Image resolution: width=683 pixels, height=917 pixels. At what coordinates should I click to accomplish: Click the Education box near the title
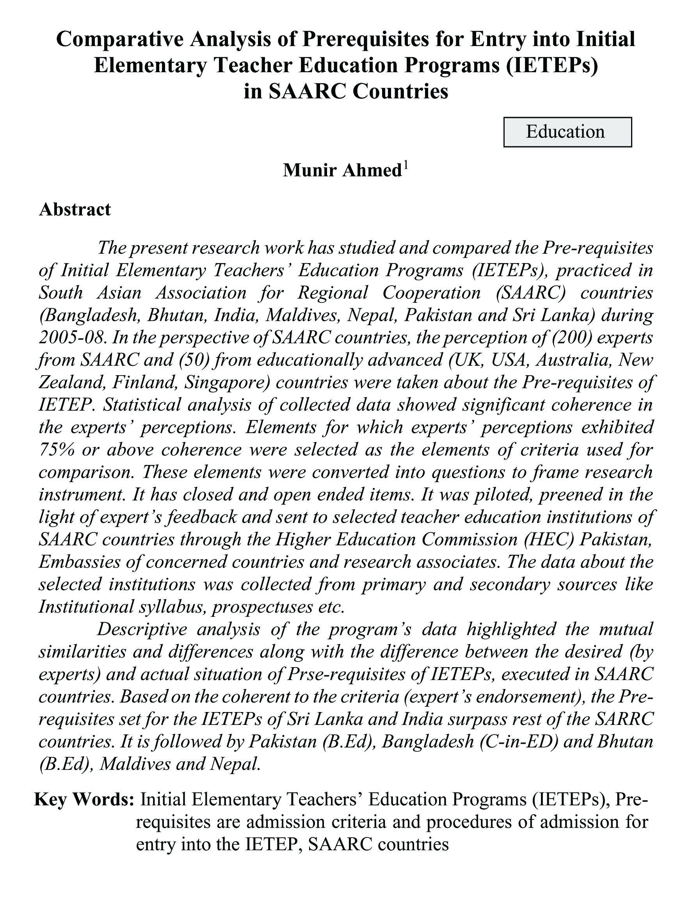pyautogui.click(x=567, y=132)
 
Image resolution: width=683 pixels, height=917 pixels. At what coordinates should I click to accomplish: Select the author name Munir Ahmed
pyautogui.click(x=342, y=171)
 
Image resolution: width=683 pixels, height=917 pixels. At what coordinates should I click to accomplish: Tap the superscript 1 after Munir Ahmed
pyautogui.click(x=406, y=166)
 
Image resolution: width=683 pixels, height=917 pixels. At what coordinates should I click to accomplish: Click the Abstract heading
pyautogui.click(x=75, y=210)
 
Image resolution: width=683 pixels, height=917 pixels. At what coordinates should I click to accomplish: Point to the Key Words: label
pyautogui.click(x=84, y=799)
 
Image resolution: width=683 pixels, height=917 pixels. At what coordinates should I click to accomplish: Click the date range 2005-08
pyautogui.click(x=70, y=338)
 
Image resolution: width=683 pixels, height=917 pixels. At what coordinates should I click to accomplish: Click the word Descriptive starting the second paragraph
pyautogui.click(x=142, y=629)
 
